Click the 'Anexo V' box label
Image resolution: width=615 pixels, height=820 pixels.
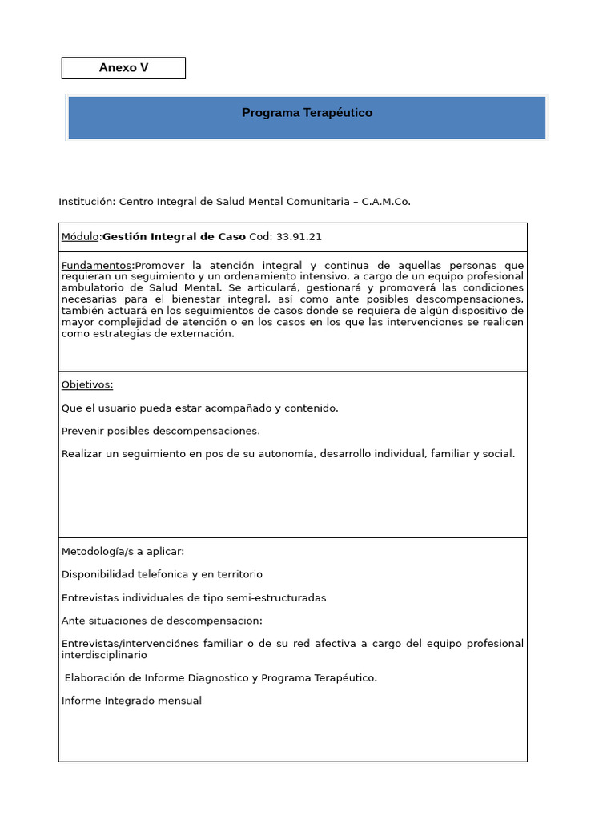tap(123, 68)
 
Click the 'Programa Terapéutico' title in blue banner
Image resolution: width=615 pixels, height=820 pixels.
tap(307, 113)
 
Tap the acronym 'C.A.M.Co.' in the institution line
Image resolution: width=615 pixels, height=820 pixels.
tap(386, 202)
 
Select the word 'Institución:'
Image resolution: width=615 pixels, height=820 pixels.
tap(87, 202)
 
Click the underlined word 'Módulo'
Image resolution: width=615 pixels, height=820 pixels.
tap(80, 237)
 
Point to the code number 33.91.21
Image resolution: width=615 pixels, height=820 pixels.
tap(299, 237)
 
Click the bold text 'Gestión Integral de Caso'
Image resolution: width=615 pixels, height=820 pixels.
tap(174, 237)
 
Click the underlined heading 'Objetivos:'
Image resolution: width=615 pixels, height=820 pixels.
tap(87, 384)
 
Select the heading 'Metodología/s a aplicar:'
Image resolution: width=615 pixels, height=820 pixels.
tap(123, 552)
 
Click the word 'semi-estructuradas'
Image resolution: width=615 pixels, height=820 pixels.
tap(258, 597)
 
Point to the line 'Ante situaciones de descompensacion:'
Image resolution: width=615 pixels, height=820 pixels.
tap(162, 621)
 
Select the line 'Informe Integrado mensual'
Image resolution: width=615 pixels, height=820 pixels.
tap(131, 701)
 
